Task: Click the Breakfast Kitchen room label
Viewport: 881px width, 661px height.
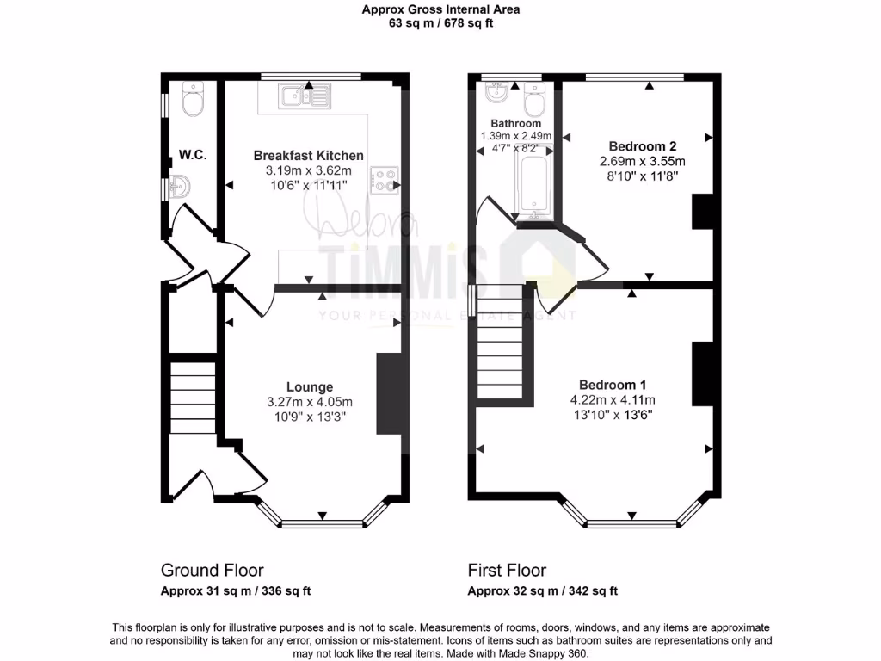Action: (x=309, y=155)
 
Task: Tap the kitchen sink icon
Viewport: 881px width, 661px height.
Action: (x=304, y=96)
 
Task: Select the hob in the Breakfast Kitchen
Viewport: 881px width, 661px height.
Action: (x=385, y=181)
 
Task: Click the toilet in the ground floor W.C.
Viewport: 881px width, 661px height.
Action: (x=193, y=99)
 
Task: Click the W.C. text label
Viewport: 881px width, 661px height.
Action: (x=193, y=155)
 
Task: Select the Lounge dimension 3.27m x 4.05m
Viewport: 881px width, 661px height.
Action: (x=310, y=402)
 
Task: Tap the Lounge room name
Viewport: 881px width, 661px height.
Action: (x=310, y=386)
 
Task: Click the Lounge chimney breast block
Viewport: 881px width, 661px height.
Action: (x=389, y=393)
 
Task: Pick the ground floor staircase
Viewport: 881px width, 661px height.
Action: (x=193, y=398)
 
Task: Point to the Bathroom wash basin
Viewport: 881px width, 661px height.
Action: (x=497, y=93)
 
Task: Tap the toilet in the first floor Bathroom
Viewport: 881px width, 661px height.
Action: (x=534, y=99)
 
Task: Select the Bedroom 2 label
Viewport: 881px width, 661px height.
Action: (x=643, y=146)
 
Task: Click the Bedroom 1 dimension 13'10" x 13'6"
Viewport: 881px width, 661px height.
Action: (x=613, y=416)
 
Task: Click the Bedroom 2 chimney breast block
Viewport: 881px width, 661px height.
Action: (x=702, y=212)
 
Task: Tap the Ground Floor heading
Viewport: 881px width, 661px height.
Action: (x=213, y=570)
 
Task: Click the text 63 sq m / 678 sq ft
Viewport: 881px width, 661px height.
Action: (x=441, y=23)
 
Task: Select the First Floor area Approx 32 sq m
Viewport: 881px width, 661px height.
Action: (x=513, y=590)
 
